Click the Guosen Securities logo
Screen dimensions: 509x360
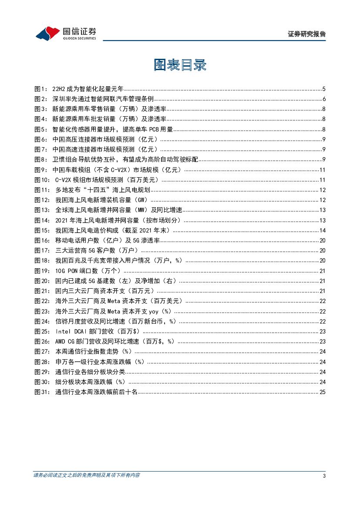65,33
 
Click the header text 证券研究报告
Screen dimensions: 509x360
307,34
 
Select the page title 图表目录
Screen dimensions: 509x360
180,65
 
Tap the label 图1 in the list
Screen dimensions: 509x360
40,89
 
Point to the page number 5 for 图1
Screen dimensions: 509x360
324,89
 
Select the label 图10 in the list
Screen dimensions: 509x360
42,180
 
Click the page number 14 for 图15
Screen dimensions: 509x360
323,230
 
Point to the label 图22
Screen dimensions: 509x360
42,301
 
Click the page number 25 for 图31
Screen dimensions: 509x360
323,392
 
